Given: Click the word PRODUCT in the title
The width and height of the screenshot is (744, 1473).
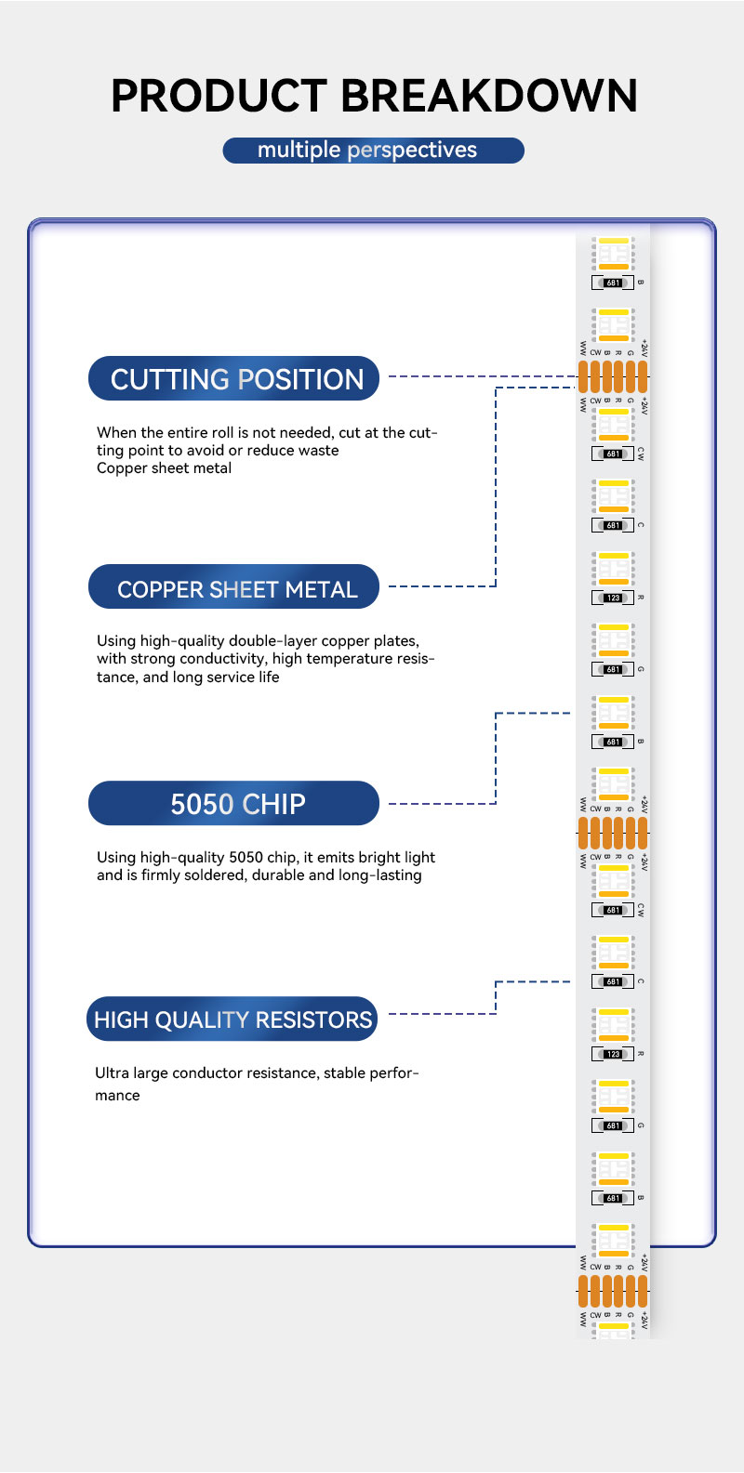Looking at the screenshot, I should (x=219, y=97).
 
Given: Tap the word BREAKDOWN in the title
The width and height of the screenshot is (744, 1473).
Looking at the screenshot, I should (x=489, y=97).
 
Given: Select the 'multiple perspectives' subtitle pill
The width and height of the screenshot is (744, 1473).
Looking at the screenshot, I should (x=373, y=151).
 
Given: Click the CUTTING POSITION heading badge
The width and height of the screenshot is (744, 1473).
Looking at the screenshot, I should (x=234, y=379).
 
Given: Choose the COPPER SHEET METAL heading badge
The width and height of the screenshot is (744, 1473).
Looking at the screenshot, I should (x=234, y=588).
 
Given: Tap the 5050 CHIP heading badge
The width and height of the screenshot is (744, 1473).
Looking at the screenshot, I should (x=234, y=804).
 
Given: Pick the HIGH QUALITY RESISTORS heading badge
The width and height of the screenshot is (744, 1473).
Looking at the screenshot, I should (x=232, y=1019).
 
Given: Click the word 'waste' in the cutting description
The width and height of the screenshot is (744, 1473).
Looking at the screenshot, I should (x=318, y=451).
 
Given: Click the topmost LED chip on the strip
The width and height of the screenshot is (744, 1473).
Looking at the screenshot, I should (x=613, y=254).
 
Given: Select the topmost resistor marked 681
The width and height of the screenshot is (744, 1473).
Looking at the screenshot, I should (x=613, y=283).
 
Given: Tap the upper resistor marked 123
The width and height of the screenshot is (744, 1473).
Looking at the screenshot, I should (x=613, y=598).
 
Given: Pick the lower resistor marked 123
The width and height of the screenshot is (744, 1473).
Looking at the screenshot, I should (x=613, y=1054).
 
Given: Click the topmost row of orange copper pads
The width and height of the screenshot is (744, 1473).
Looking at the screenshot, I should (x=613, y=376).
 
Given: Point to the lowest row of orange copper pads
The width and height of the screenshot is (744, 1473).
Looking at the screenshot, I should (x=613, y=1291).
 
